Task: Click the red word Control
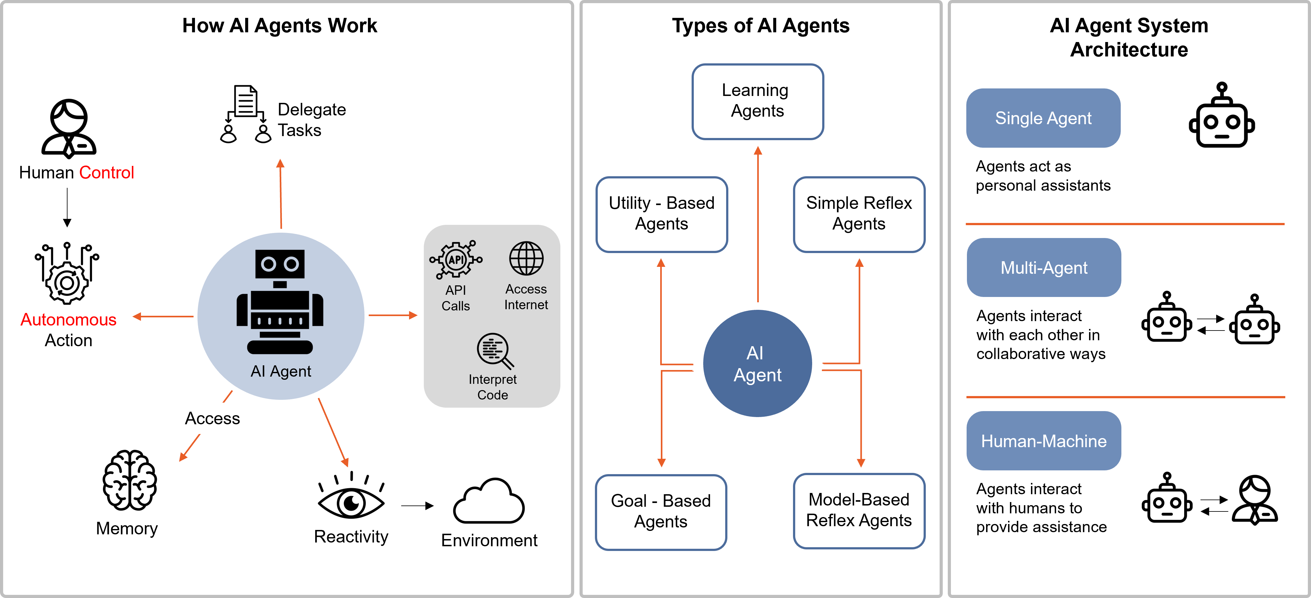pyautogui.click(x=106, y=173)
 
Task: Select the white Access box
pyautogui.click(x=212, y=418)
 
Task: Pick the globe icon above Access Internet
pyautogui.click(x=526, y=258)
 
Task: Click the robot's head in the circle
pyautogui.click(x=280, y=264)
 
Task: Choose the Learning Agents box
pyautogui.click(x=757, y=101)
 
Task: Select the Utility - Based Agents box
pyautogui.click(x=661, y=214)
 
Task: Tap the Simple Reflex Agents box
pyautogui.click(x=859, y=214)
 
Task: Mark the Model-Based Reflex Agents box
pyautogui.click(x=859, y=511)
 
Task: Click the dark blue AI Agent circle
pyautogui.click(x=757, y=363)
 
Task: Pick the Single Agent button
pyautogui.click(x=1043, y=118)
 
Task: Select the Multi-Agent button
pyautogui.click(x=1044, y=267)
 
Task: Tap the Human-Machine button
pyautogui.click(x=1044, y=441)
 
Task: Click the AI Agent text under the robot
pyautogui.click(x=280, y=371)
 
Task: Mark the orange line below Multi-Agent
pyautogui.click(x=1125, y=397)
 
